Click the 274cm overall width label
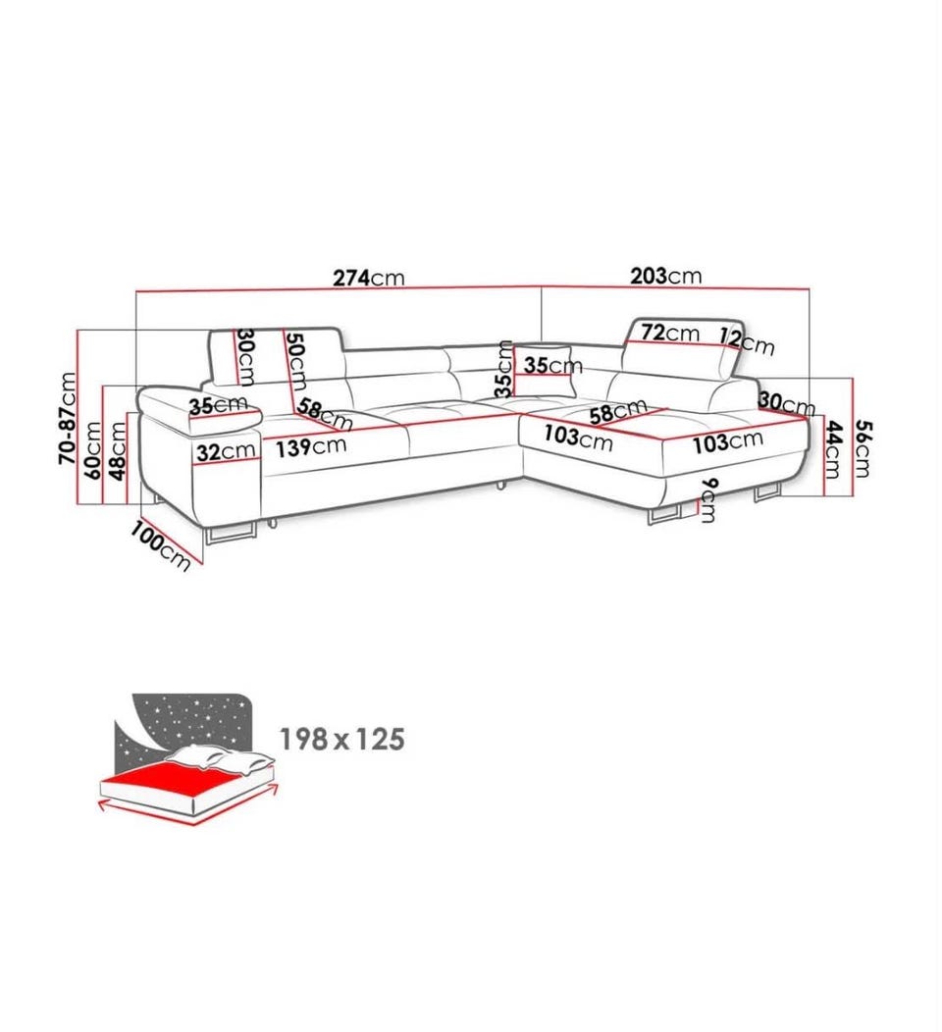[x=369, y=278]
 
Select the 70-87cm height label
[x=67, y=418]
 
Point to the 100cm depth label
[x=161, y=545]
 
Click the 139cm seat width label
[x=311, y=447]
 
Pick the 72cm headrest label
[x=670, y=333]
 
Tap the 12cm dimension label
[x=747, y=341]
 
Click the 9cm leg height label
[x=707, y=500]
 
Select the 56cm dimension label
[x=863, y=448]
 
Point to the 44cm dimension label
[x=833, y=449]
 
